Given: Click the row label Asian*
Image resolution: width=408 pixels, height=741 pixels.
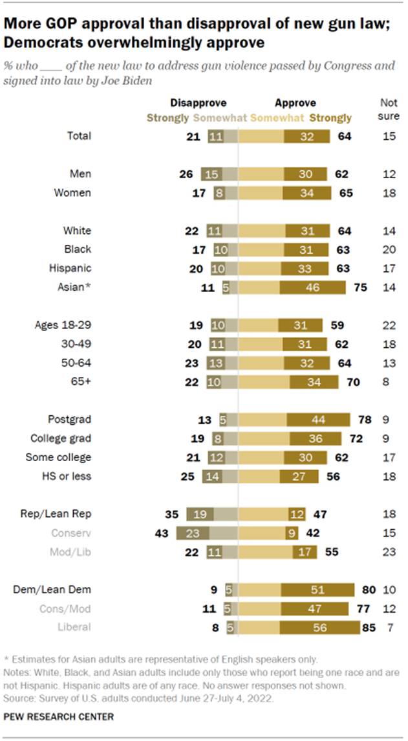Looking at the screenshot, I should pos(76,287).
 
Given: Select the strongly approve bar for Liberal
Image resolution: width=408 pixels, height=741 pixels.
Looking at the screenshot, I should pos(319,627).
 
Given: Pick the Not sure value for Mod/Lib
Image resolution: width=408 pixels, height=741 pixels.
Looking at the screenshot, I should pos(387,553).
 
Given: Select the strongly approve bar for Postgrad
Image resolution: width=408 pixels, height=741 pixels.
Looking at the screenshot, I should pos(317,420).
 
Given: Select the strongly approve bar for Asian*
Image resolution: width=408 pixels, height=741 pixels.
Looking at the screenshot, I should pos(312,287).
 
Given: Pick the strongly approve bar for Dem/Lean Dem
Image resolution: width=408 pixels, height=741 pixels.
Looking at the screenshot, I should pos(317,589).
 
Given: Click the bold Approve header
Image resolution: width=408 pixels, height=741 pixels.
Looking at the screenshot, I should pos(295,102).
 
